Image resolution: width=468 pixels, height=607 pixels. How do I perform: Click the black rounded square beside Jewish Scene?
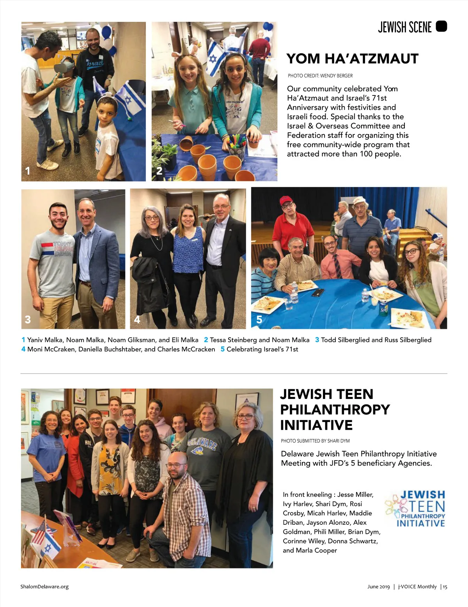[441, 26]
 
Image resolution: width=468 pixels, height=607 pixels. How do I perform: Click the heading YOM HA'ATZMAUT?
[352, 59]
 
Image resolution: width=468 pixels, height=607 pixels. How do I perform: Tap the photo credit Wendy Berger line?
[320, 76]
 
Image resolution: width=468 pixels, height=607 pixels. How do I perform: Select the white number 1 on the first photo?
[28, 171]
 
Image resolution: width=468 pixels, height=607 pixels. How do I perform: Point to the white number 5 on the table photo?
[259, 319]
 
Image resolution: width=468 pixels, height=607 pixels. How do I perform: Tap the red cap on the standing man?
[286, 200]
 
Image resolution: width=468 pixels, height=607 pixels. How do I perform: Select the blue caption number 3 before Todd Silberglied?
[317, 340]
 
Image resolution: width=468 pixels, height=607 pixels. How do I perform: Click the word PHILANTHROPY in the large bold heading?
[335, 409]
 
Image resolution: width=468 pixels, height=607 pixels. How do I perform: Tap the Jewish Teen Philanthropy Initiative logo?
[416, 508]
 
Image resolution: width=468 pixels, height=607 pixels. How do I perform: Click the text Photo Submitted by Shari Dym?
[315, 441]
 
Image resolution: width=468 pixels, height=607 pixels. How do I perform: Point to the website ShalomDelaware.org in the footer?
[44, 586]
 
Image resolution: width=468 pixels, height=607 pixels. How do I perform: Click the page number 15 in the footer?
[445, 586]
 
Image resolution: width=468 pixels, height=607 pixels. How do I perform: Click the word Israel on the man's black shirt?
[95, 63]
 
